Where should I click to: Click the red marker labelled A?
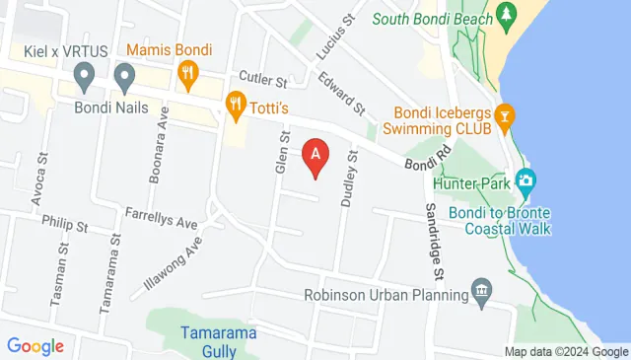315,157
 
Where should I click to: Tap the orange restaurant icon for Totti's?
235,102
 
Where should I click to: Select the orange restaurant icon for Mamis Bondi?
186,72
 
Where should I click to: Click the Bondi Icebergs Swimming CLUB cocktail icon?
505,116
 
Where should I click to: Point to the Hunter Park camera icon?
526,180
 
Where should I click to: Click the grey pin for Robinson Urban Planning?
481,290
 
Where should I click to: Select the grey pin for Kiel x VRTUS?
85,73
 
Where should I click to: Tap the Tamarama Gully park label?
219,341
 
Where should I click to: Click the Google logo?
35,346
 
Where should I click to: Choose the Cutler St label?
261,78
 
